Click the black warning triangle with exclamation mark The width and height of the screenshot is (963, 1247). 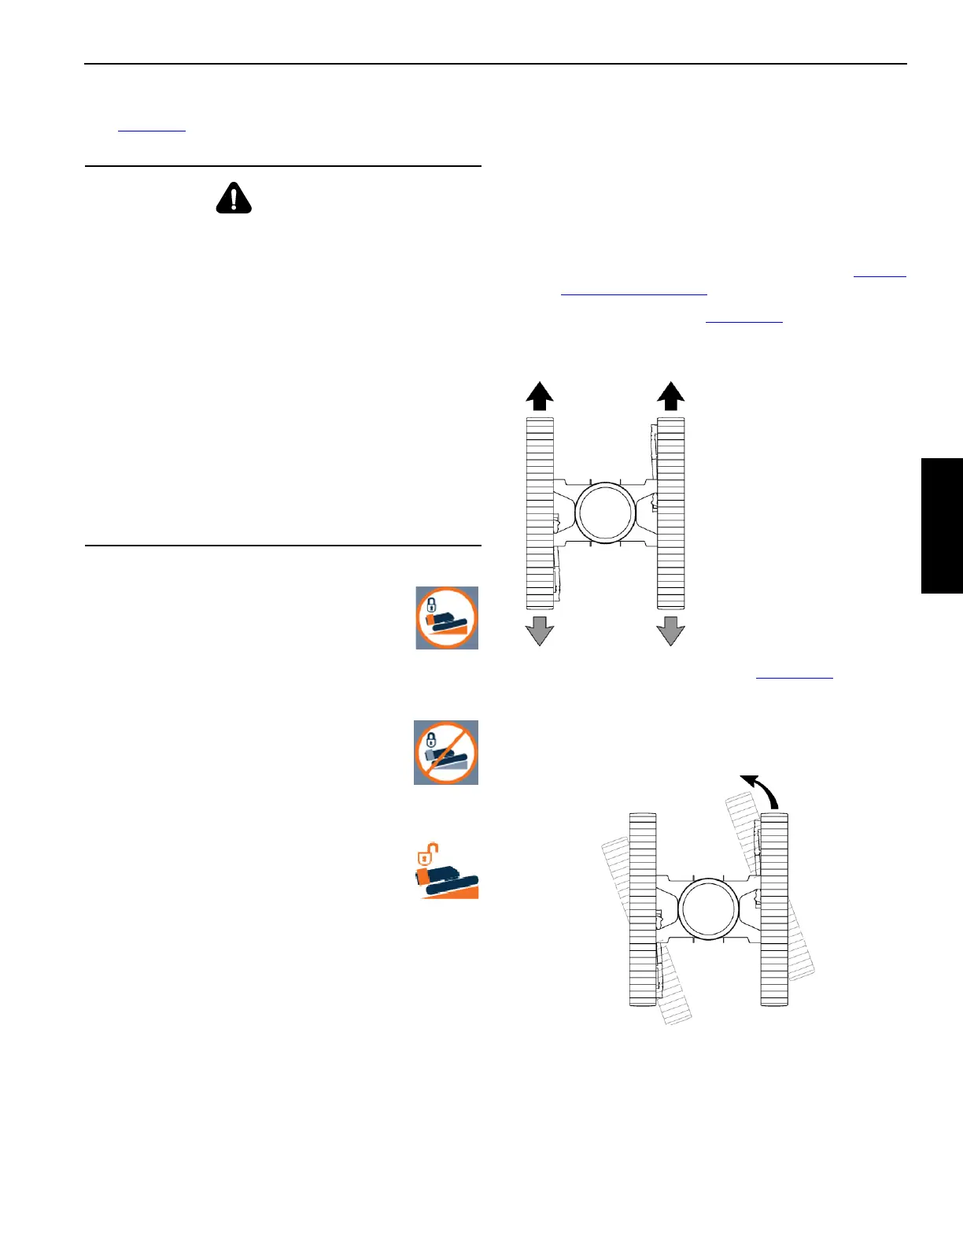[x=234, y=198]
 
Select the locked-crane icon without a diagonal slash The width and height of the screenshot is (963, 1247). [x=447, y=618]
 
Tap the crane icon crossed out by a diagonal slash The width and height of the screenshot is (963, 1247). [x=446, y=753]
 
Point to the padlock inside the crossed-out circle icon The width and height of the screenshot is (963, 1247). [x=431, y=739]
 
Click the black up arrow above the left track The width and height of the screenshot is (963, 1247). [x=539, y=396]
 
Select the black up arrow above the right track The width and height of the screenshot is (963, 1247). [x=670, y=396]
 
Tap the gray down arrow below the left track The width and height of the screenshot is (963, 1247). [x=539, y=631]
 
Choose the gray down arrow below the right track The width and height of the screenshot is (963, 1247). [x=670, y=631]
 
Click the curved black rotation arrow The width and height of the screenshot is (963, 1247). [x=761, y=790]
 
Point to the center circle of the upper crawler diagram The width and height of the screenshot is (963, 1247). [x=605, y=512]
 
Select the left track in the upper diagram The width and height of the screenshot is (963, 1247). [x=540, y=513]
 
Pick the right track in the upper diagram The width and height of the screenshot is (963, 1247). [x=671, y=513]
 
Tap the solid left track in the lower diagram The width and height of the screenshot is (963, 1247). [x=643, y=909]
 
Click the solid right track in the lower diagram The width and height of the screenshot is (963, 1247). [x=774, y=909]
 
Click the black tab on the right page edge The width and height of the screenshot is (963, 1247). [x=942, y=525]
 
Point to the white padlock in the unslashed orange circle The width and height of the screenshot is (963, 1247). [x=431, y=605]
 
